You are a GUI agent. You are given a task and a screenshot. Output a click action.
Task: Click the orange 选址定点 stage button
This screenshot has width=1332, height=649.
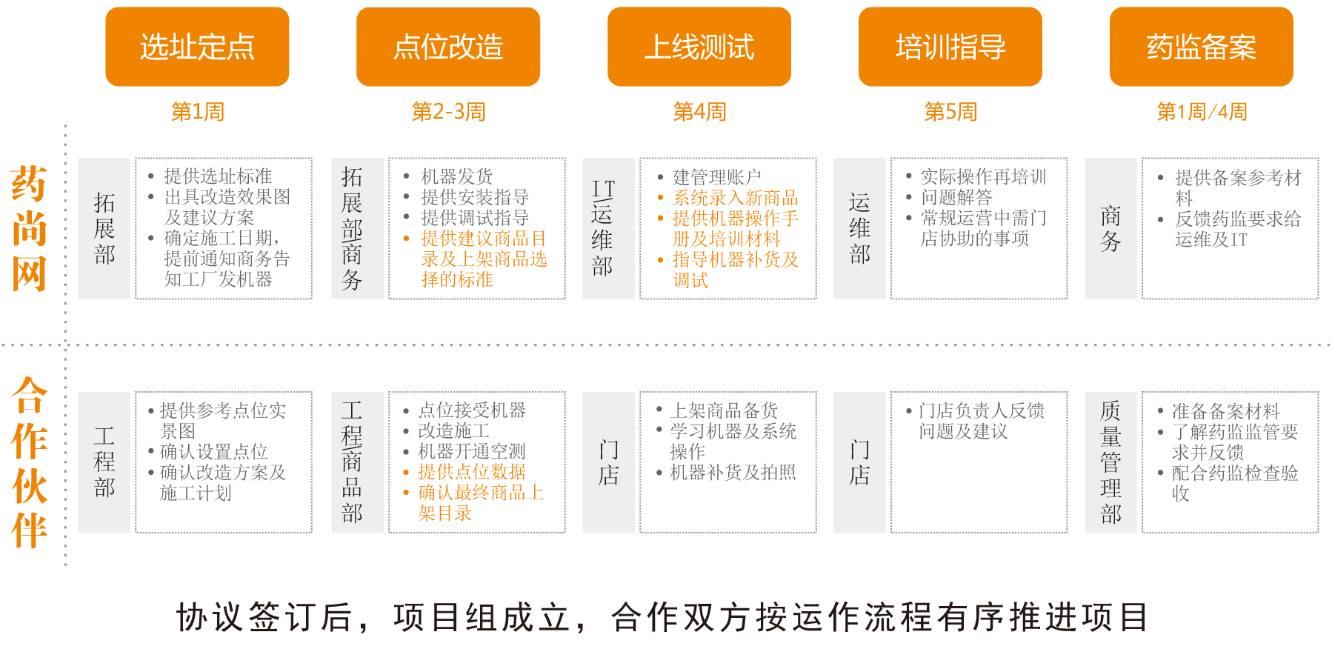point(197,47)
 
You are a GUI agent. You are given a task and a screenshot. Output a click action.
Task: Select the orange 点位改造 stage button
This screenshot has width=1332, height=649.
point(448,47)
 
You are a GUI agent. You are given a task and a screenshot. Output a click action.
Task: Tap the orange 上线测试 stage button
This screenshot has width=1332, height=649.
point(699,47)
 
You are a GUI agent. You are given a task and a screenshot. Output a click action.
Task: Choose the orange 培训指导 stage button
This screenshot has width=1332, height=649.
point(950,47)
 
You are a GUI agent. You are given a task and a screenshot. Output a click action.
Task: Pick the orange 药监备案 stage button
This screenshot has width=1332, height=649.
point(1201,47)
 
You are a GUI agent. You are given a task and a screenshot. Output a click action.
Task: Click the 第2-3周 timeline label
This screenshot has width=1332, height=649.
point(448,112)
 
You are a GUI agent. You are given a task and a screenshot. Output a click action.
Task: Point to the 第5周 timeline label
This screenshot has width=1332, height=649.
point(950,112)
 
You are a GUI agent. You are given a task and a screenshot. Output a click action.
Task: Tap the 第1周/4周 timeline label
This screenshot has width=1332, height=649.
point(1202,112)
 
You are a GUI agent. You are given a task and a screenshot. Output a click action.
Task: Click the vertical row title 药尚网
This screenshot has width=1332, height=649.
point(29,228)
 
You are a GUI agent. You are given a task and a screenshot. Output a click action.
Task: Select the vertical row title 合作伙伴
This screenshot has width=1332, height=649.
point(29,462)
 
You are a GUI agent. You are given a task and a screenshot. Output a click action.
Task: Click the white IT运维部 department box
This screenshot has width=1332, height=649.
point(608,228)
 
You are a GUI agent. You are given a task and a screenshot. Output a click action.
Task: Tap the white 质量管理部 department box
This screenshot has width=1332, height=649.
point(1110,462)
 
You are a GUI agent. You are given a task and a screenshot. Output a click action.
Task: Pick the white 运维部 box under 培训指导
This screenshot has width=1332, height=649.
point(859,228)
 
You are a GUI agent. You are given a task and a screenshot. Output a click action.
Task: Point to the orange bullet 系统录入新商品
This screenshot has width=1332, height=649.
point(735,198)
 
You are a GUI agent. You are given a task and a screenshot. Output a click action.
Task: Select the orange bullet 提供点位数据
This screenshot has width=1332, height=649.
point(471,472)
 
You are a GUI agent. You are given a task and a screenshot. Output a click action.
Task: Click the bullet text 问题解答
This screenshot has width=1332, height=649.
point(956,197)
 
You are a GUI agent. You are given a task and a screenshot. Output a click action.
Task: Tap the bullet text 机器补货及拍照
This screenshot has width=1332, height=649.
point(732,472)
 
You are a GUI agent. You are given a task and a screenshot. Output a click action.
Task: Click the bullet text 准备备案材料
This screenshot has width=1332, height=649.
point(1225,411)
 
